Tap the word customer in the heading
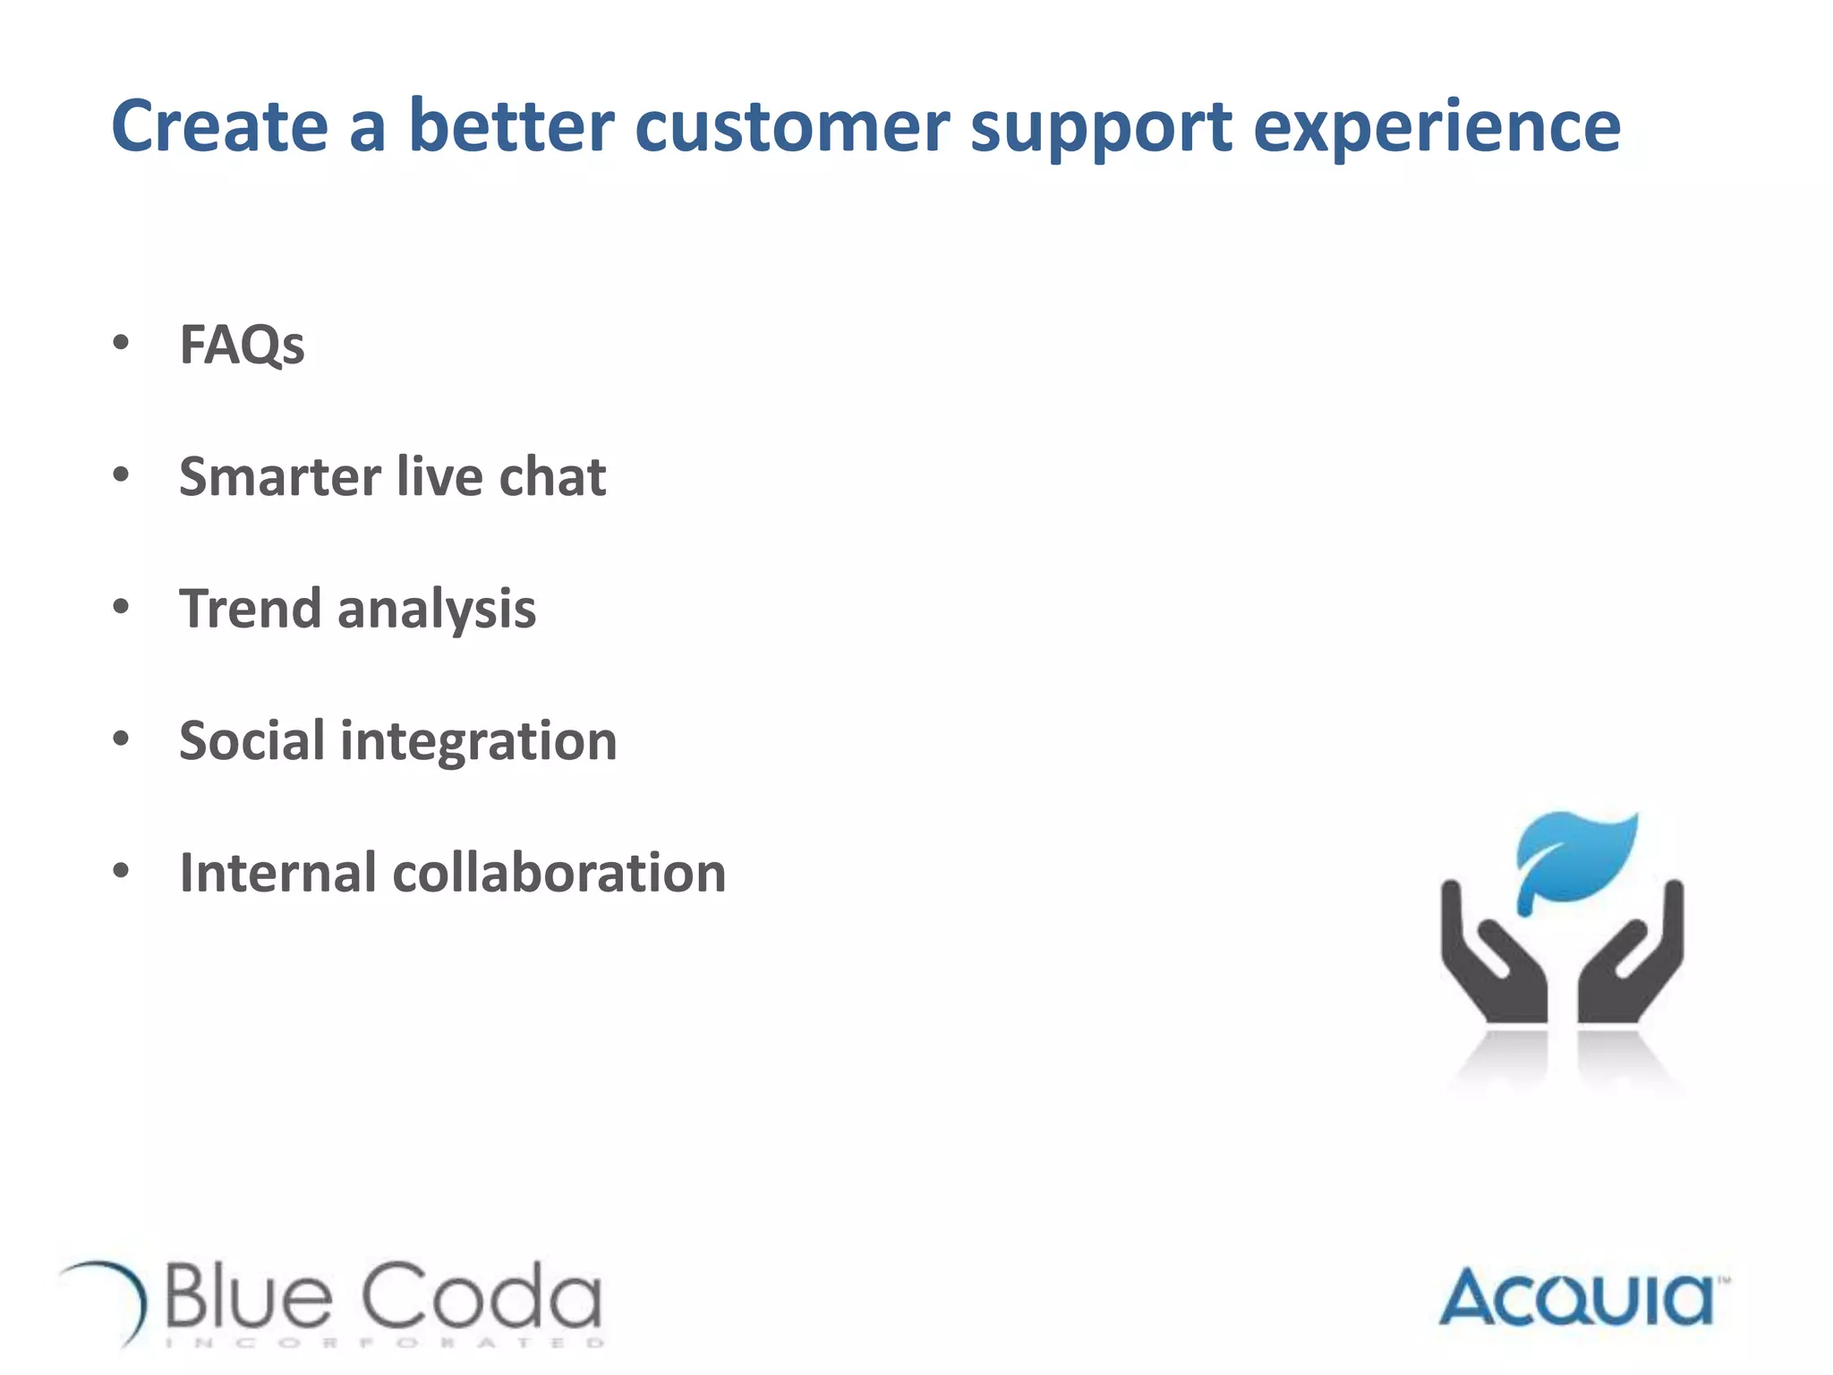click(x=792, y=126)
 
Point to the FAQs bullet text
click(x=242, y=345)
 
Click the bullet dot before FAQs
click(x=121, y=342)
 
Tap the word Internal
click(x=277, y=873)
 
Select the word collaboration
click(x=559, y=873)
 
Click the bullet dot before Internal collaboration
click(x=121, y=870)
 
